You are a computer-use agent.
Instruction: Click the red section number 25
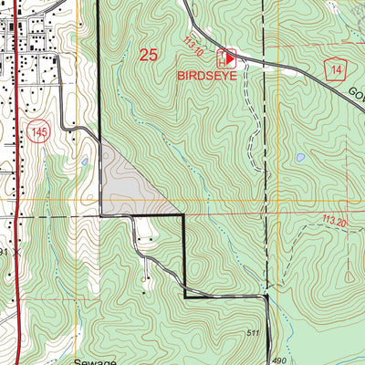coord(148,55)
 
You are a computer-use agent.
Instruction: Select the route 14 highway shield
coord(337,71)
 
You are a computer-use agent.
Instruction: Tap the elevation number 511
coord(253,333)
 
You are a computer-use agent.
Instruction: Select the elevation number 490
coord(252,360)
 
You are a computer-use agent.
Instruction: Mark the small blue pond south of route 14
coord(299,158)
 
